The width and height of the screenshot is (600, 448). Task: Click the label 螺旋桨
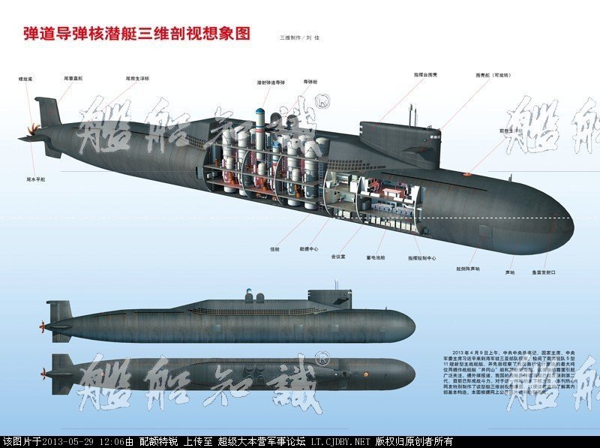coord(26,77)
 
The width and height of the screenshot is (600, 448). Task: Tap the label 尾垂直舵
coord(72,77)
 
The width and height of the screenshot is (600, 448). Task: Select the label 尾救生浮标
coord(136,77)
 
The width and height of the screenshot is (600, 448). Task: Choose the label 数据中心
coord(310,248)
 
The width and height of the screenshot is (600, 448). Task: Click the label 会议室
coord(338,256)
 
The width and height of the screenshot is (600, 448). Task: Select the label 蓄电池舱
coord(376,257)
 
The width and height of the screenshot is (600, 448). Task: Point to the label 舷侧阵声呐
coord(467,268)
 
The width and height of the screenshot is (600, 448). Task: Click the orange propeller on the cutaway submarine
coord(29,136)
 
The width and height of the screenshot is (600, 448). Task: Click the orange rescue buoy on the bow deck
coord(466,175)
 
